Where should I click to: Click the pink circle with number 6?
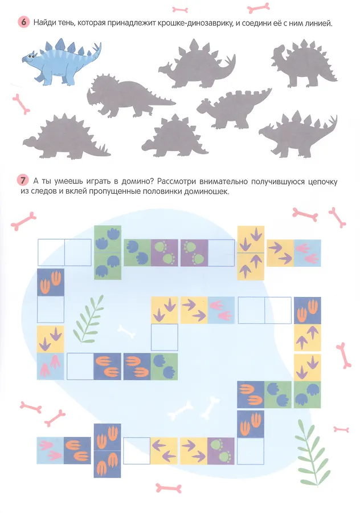tap(23, 22)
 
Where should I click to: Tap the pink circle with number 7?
tap(22, 181)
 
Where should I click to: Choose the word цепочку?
tap(323, 182)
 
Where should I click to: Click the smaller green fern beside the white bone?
tap(89, 319)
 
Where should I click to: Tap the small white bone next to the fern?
tap(126, 331)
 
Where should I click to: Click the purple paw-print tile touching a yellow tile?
tap(221, 451)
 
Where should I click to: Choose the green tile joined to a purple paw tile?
tap(137, 253)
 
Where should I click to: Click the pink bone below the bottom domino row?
tap(169, 488)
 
